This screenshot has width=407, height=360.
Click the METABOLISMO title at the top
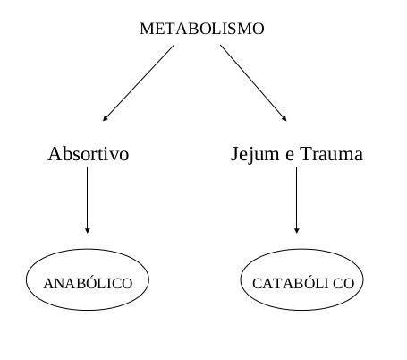202,29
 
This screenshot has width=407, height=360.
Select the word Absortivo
89,154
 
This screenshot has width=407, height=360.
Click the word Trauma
331,154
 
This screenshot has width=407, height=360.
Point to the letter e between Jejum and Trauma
290,157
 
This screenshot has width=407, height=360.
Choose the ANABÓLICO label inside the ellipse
88,282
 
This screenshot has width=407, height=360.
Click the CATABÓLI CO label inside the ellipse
303,282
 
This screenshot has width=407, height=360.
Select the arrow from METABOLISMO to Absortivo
139,83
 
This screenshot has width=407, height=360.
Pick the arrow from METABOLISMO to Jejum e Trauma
253,83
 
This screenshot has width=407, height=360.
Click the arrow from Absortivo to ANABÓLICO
88,200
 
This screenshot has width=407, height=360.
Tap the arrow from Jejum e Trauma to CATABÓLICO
296,200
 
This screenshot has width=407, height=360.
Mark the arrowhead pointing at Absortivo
105,119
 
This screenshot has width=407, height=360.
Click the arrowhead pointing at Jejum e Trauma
284,119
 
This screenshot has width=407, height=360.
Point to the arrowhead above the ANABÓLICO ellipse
88,231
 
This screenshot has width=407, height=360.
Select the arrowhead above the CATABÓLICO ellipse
296,231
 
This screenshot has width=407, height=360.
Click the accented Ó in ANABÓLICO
88,282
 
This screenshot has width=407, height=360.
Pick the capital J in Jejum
234,155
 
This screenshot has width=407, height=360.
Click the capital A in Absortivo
54,154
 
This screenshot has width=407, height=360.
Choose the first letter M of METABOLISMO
147,29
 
